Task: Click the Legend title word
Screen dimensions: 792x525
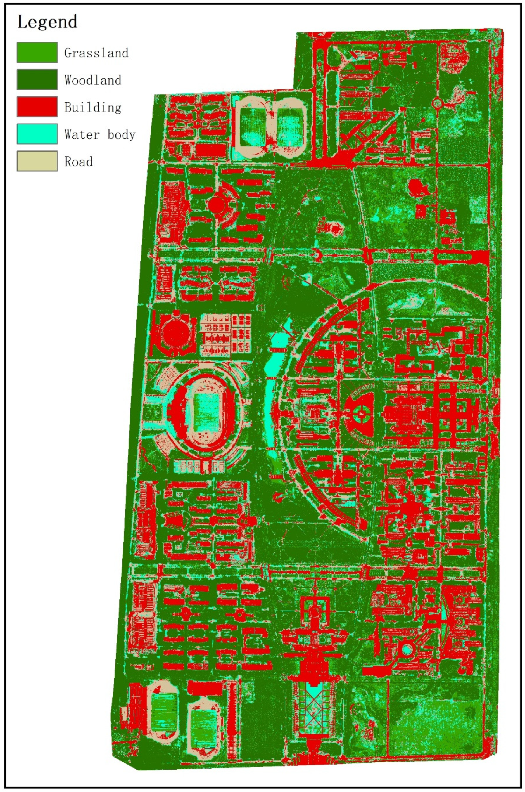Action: tap(47, 22)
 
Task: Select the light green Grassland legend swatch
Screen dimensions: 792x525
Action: tap(37, 52)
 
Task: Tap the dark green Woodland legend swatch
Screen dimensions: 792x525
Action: tap(37, 79)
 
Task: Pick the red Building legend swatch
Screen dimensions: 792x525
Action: tap(37, 107)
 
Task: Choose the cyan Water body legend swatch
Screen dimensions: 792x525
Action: tap(37, 134)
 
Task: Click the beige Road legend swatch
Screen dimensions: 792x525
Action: tap(37, 161)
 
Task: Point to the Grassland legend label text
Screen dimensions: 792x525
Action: tap(96, 53)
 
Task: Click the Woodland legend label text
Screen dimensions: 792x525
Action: tap(93, 80)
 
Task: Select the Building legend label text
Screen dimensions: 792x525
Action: tap(93, 107)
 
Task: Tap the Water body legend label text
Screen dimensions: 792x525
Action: tap(100, 134)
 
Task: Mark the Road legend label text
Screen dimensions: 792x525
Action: tap(78, 162)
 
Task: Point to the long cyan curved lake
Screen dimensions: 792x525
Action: tap(273, 395)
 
